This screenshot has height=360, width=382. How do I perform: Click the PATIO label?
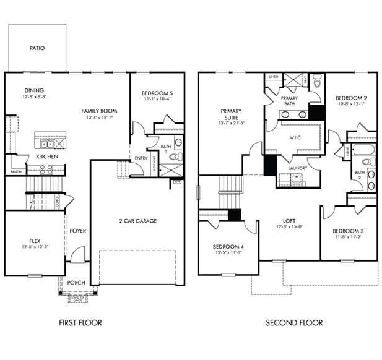37,48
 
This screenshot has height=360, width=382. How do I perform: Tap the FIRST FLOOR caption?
80,322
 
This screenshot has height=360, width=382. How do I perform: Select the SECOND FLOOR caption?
294,322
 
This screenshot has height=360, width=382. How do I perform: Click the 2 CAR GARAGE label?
137,221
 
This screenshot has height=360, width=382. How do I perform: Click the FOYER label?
78,231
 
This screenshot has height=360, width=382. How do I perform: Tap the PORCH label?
77,283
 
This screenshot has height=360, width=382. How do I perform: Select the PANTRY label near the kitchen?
16,172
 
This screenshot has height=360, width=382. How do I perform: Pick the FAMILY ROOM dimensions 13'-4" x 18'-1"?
99,118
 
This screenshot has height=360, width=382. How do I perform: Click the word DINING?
34,90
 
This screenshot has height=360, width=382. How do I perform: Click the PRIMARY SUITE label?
231,115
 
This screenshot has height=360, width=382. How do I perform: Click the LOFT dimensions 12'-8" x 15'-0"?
289,226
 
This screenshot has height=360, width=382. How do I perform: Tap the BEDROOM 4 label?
227,245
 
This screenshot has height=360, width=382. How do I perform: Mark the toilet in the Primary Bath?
318,80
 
